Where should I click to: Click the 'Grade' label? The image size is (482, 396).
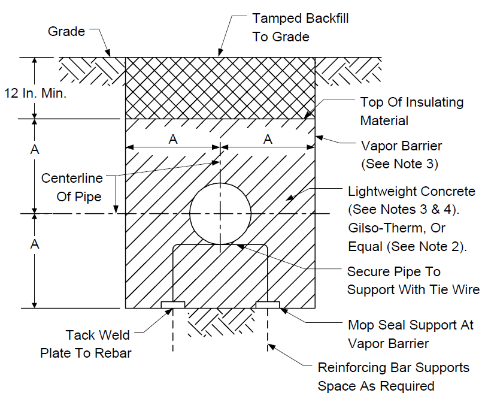pyautogui.click(x=66, y=31)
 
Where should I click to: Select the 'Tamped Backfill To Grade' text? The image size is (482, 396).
pyautogui.click(x=301, y=28)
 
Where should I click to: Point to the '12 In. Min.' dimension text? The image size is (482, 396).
pyautogui.click(x=35, y=93)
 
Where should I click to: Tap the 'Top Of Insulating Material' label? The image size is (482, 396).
pyautogui.click(x=411, y=111)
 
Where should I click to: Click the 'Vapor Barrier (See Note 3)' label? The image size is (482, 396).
pyautogui.click(x=401, y=155)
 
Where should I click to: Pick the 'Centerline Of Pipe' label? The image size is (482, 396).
pyautogui.click(x=72, y=188)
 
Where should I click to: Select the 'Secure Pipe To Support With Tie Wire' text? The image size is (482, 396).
pyautogui.click(x=413, y=280)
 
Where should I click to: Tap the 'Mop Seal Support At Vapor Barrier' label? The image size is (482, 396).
pyautogui.click(x=411, y=334)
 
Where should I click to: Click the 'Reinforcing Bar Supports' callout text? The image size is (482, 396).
pyautogui.click(x=393, y=368)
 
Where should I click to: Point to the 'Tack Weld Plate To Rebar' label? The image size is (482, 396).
pyautogui.click(x=86, y=344)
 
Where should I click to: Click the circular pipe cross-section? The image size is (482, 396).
pyautogui.click(x=220, y=183)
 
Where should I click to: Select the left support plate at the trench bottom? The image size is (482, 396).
pyautogui.click(x=173, y=305)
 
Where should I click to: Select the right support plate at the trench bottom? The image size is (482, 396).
pyautogui.click(x=268, y=305)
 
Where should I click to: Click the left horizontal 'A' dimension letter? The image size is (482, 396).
pyautogui.click(x=173, y=139)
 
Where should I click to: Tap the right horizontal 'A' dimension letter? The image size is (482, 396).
pyautogui.click(x=268, y=139)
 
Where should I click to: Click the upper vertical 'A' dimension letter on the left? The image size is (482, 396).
pyautogui.click(x=35, y=149)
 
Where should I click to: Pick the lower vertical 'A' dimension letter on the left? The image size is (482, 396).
pyautogui.click(x=35, y=244)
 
